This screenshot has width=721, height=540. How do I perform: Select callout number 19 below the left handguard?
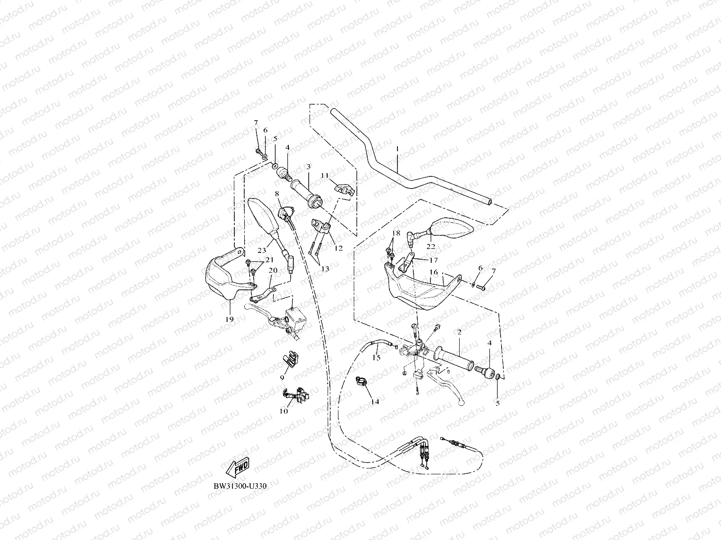(x=229, y=319)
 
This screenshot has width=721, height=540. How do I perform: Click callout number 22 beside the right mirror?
(x=431, y=247)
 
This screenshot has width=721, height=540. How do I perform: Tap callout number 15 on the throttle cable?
(x=376, y=358)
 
